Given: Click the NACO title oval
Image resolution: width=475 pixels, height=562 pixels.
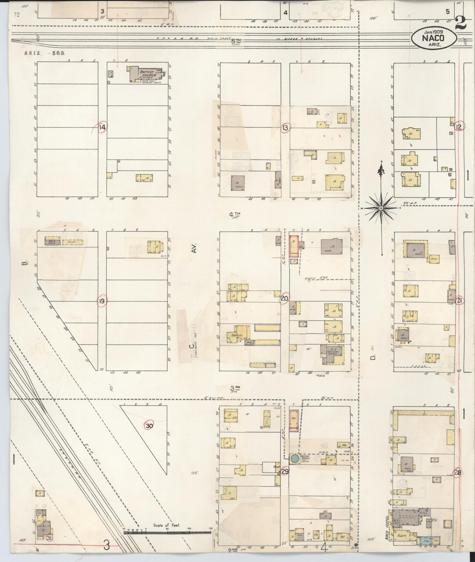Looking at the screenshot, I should pos(434,38).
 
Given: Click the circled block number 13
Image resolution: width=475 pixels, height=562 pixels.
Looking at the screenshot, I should pos(285,128).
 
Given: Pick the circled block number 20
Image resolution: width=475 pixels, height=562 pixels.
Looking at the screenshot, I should pos(285,299).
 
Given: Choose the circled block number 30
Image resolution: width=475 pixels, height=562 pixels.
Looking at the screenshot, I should pos(150,426).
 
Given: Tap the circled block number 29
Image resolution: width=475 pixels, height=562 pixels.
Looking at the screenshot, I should pos(285,472).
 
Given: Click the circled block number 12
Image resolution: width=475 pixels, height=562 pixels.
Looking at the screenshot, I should pos(459,127).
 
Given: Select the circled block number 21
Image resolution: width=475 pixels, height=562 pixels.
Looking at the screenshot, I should pos(460,301).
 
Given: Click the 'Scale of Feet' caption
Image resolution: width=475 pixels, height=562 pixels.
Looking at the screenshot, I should pos(167,525).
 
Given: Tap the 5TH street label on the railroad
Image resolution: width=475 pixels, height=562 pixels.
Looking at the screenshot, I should pos(236,41).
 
